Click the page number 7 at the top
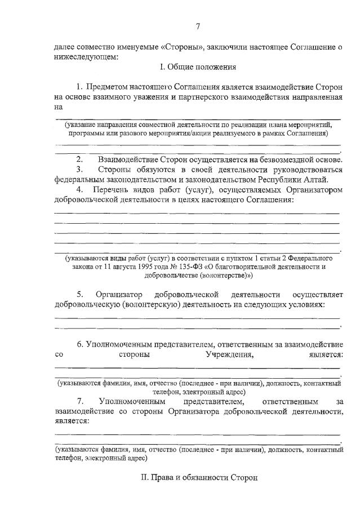(x=198, y=26)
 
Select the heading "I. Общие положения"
(x=198, y=68)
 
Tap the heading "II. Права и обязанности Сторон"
(x=198, y=477)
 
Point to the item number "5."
(x=81, y=294)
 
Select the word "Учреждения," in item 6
(x=230, y=355)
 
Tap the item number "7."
(x=81, y=401)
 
